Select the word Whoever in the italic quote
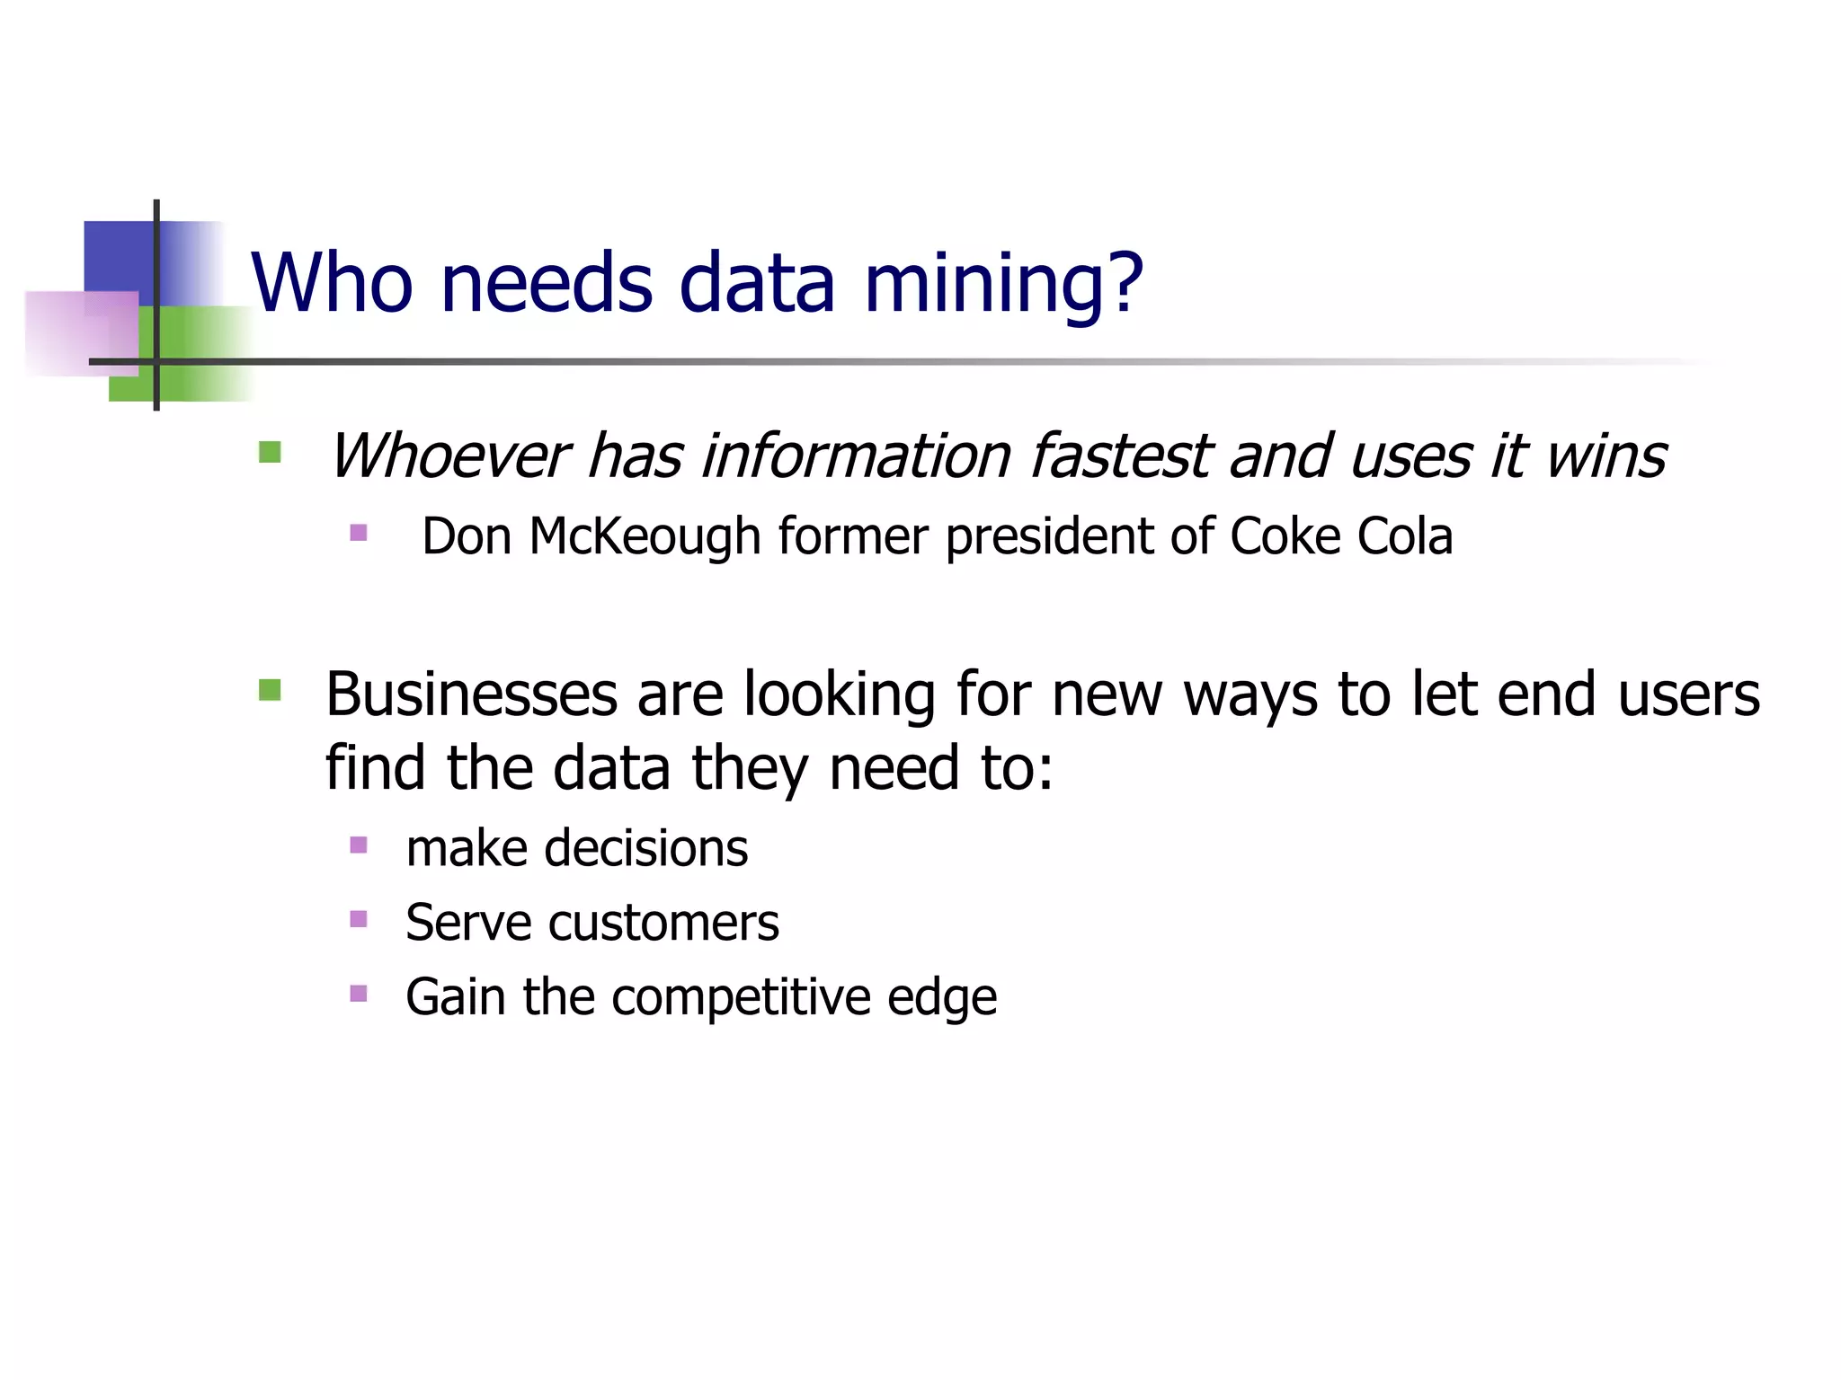(449, 456)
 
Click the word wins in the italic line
(1605, 456)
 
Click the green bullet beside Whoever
(270, 452)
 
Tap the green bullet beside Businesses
(270, 690)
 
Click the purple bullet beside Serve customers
(359, 919)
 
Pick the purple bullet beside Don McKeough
(359, 533)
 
